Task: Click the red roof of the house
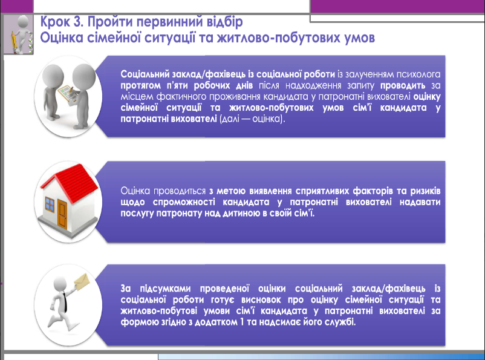[x=72, y=183]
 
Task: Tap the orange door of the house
[x=62, y=214]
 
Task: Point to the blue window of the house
[x=50, y=205]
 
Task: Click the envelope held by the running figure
[x=82, y=282]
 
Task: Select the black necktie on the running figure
[x=65, y=302]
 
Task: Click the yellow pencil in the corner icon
[x=14, y=42]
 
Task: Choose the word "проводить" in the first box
[x=403, y=85]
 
